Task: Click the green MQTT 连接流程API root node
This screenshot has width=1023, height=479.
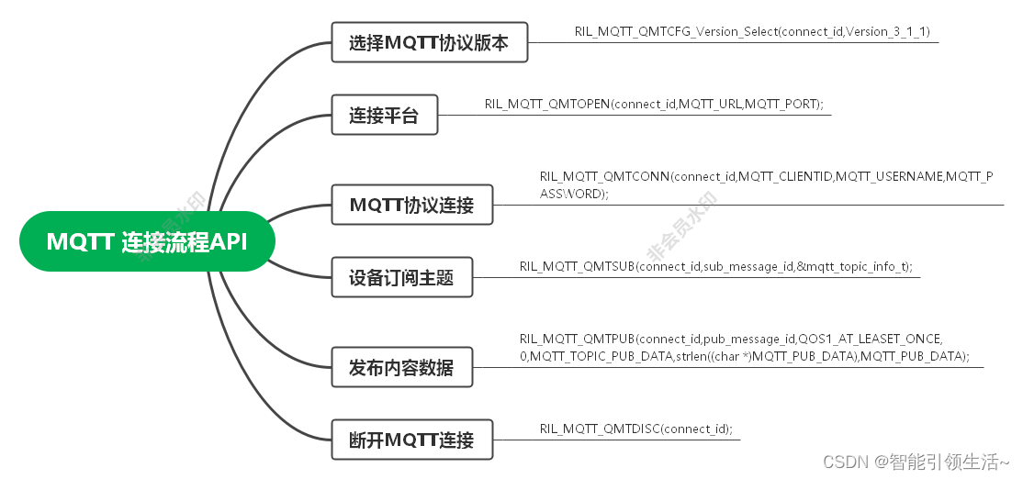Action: [x=147, y=241]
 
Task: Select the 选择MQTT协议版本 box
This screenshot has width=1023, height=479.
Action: [x=429, y=43]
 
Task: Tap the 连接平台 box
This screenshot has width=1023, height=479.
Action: [x=384, y=116]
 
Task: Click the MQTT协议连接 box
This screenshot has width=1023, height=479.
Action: [x=411, y=205]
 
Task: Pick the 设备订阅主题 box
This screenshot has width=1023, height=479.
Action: [x=401, y=276]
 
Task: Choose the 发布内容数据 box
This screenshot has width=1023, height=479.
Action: [x=401, y=368]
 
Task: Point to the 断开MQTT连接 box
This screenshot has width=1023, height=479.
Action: [x=411, y=440]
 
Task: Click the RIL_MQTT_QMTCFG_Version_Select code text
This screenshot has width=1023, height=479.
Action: [x=752, y=31]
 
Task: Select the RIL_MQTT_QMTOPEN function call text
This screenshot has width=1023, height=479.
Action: [x=654, y=104]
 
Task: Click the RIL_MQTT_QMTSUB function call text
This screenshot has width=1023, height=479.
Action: [x=715, y=266]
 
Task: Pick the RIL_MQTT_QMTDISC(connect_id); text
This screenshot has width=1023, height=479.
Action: [x=635, y=429]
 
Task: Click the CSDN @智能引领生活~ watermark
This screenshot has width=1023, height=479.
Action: [x=916, y=462]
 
